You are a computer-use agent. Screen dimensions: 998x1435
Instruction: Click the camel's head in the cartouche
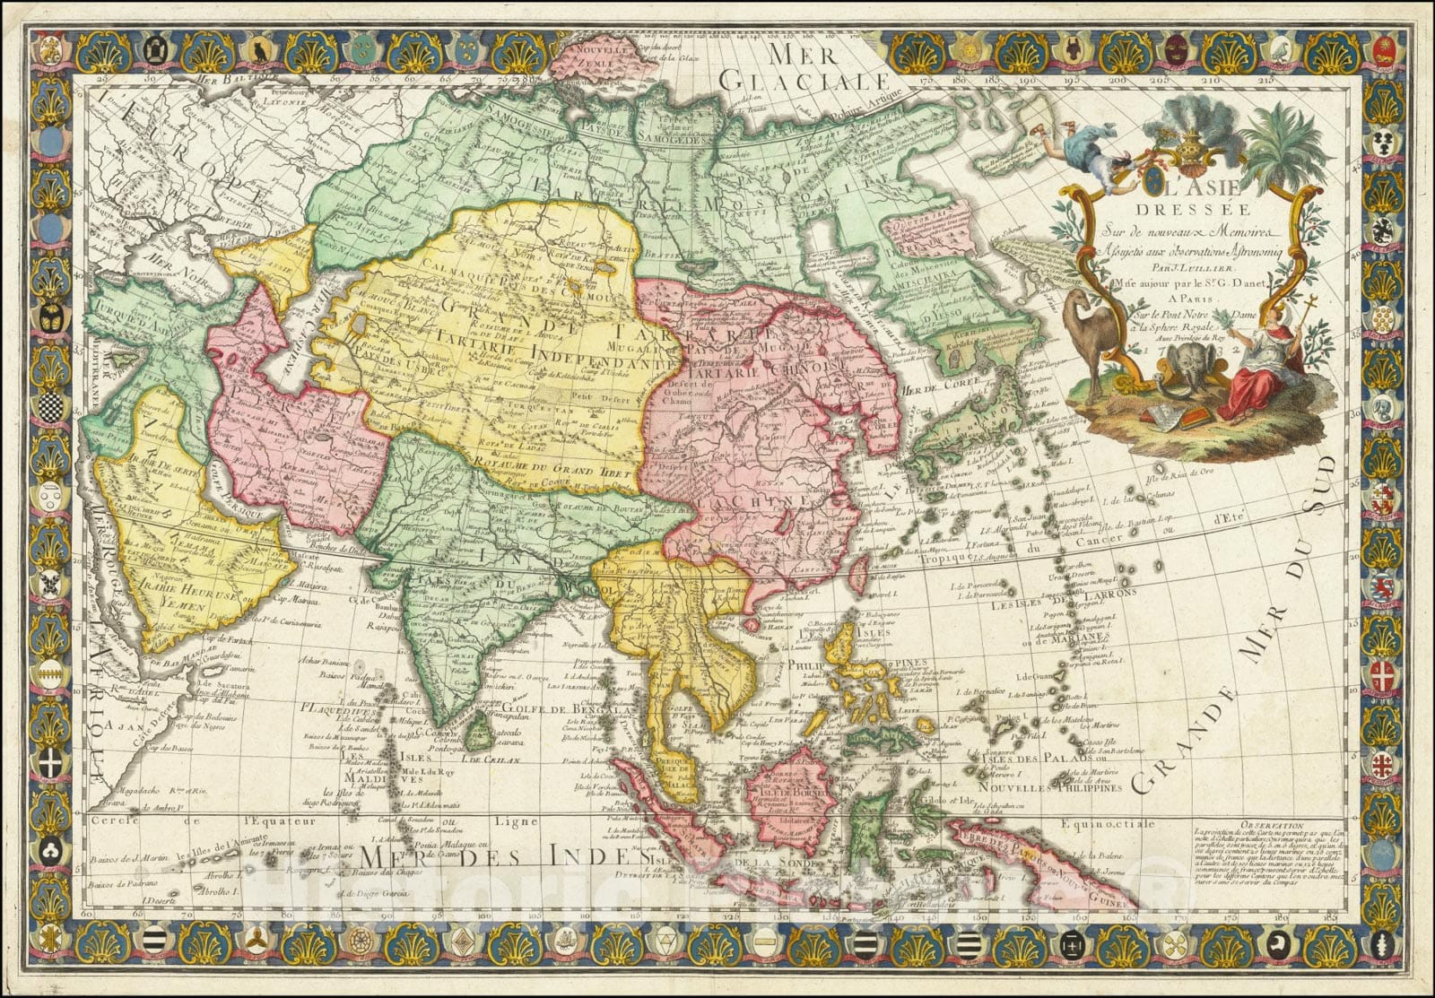[1077, 300]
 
